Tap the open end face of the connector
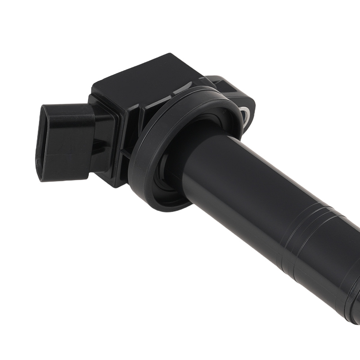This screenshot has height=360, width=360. [54, 142]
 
